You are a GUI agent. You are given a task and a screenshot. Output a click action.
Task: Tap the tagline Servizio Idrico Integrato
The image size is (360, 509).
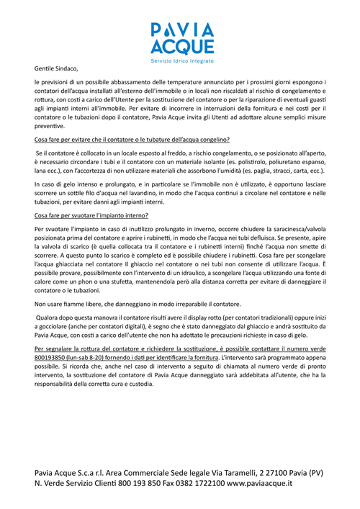pos(181,63)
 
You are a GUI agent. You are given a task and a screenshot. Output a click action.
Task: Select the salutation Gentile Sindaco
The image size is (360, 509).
pos(60,68)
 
